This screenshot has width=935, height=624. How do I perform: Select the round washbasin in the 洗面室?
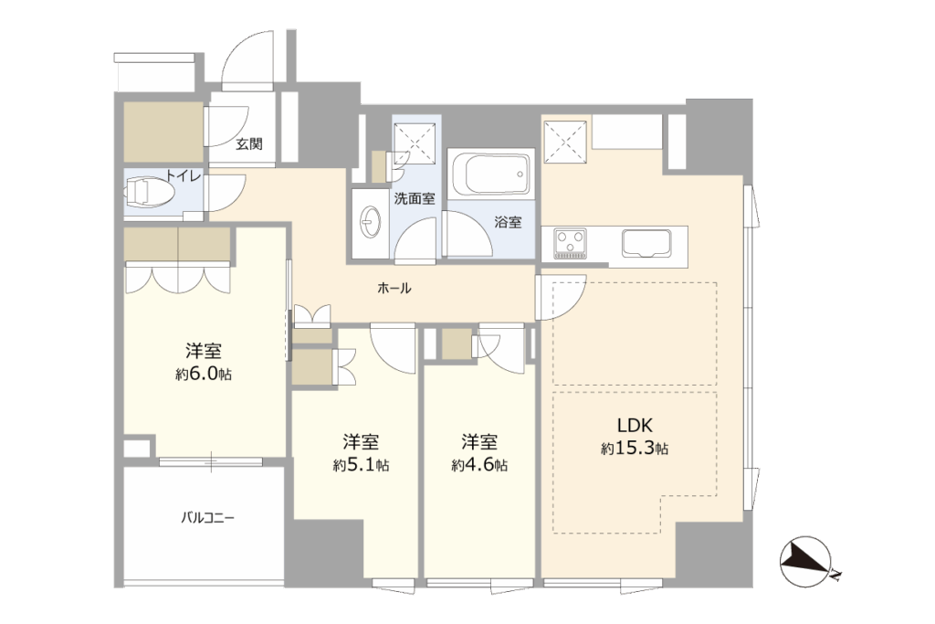click(x=371, y=223)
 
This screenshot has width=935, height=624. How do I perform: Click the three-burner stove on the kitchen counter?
click(x=570, y=243)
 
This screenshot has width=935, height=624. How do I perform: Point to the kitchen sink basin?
click(x=646, y=243)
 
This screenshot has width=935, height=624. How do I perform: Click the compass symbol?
click(x=806, y=561)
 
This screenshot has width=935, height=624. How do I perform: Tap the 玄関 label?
click(x=249, y=143)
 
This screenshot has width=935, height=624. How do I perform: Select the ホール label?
click(x=394, y=288)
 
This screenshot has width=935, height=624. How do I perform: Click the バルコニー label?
click(x=207, y=517)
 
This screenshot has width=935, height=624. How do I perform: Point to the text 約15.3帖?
click(x=635, y=449)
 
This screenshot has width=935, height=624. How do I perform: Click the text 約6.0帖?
click(x=204, y=374)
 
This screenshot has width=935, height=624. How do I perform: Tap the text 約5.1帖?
click(x=361, y=465)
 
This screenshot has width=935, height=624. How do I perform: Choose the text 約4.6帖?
click(x=479, y=465)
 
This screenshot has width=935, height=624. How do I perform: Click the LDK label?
click(x=635, y=426)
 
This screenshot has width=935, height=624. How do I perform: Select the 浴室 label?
click(x=508, y=223)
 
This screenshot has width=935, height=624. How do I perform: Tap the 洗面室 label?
click(x=415, y=198)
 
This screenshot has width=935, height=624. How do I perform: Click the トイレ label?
click(x=184, y=176)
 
